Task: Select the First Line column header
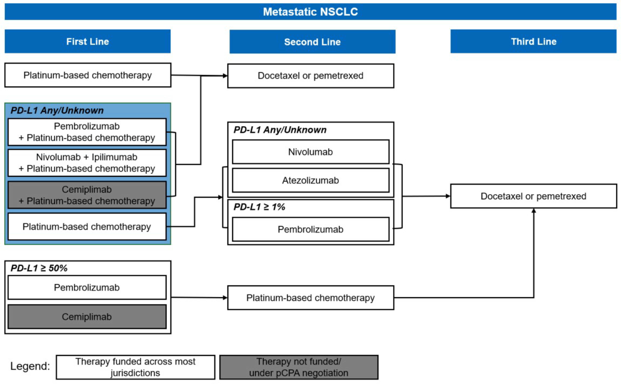(87, 41)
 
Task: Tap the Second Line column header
(312, 42)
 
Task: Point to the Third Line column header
(534, 41)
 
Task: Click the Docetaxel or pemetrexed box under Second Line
(310, 76)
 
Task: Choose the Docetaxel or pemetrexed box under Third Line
(534, 196)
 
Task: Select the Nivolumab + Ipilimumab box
(87, 163)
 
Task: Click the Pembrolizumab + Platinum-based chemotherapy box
(87, 132)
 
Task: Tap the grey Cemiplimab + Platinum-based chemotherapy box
(87, 195)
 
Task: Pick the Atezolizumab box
(310, 180)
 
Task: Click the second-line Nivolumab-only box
(310, 152)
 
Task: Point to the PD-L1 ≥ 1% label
(259, 207)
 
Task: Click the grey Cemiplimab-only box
(87, 317)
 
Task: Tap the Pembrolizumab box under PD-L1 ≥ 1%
(310, 229)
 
